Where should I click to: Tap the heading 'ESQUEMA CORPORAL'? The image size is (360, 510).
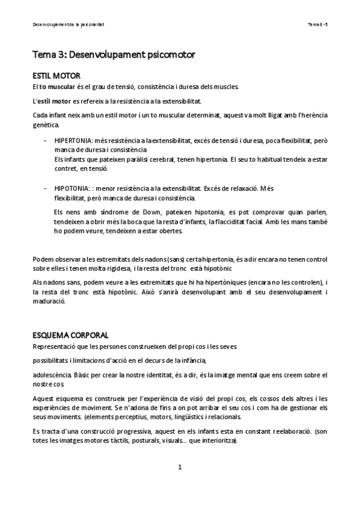pos(70,334)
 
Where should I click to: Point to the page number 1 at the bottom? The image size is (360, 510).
pos(180,467)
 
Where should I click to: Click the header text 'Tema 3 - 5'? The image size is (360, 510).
pos(317,25)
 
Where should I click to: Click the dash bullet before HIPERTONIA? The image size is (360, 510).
pos(47,141)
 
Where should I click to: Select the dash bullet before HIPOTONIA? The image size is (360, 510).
pos(47,188)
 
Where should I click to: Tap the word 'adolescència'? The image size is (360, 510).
pos(51,374)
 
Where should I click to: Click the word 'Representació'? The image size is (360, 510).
pos(54,346)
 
